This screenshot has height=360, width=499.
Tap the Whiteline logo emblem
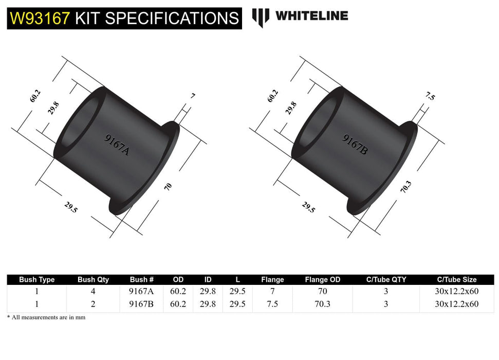(261, 17)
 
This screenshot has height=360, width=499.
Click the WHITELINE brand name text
(311, 16)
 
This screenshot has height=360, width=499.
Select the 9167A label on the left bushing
(117, 146)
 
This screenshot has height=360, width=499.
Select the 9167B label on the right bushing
(355, 145)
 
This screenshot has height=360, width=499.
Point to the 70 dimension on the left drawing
(168, 187)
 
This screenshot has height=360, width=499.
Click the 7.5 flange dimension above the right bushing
(430, 96)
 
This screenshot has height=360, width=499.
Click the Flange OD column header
(322, 280)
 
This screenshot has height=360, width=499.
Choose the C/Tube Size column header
(456, 280)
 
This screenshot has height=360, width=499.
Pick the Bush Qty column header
(93, 280)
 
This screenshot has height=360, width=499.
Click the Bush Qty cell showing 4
(93, 291)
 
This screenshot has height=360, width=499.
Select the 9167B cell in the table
(142, 304)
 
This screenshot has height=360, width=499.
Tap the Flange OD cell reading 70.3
(322, 304)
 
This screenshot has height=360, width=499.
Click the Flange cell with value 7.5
(272, 304)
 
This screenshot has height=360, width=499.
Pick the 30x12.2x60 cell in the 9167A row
(456, 291)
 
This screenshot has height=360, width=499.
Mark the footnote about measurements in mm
(46, 317)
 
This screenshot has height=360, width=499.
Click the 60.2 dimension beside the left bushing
(35, 96)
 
